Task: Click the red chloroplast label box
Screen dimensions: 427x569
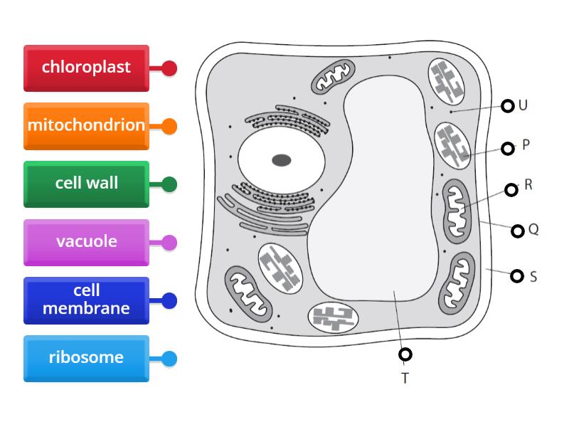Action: coord(86,68)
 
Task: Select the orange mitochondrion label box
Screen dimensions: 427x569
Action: coord(86,126)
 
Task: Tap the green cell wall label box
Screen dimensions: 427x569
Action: coord(86,184)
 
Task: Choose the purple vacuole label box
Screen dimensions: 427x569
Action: coord(86,242)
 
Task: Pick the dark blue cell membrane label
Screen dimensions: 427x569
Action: coord(86,300)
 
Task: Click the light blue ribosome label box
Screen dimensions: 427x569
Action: coord(86,358)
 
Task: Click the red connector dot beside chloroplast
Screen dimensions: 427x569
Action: coord(169,68)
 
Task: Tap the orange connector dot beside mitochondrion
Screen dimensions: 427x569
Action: coord(169,127)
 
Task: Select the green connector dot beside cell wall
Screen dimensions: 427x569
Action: coord(169,184)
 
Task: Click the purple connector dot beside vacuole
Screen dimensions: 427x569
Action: coord(169,243)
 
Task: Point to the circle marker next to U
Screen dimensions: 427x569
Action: coord(507,106)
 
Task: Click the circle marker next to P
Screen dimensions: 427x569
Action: coord(507,148)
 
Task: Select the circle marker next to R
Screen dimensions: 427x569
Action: coord(511,189)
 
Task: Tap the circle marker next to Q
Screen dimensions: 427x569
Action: coord(517,231)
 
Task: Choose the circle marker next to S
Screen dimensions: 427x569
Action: coord(517,276)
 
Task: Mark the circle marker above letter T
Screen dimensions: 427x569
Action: coord(405,354)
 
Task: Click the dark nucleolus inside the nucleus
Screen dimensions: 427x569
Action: coord(282,160)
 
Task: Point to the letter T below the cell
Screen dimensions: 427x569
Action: coord(405,379)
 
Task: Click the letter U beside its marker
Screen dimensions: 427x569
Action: coord(523,105)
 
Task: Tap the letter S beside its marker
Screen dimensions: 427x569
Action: coord(533,277)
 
